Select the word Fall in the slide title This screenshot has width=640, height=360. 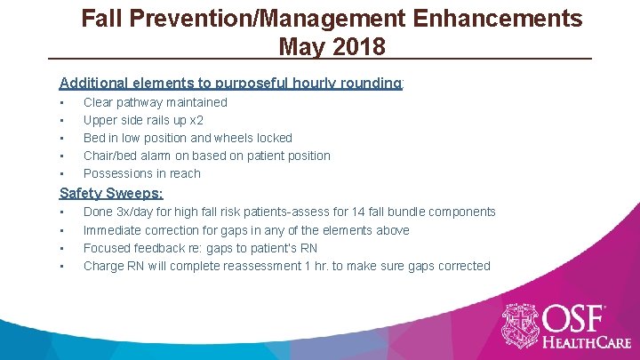102,18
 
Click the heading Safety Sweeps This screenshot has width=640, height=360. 111,193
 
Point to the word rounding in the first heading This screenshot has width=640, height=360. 367,83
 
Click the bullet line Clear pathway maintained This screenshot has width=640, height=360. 155,102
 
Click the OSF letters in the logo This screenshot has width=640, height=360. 576,318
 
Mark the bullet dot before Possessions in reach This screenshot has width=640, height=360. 61,174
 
